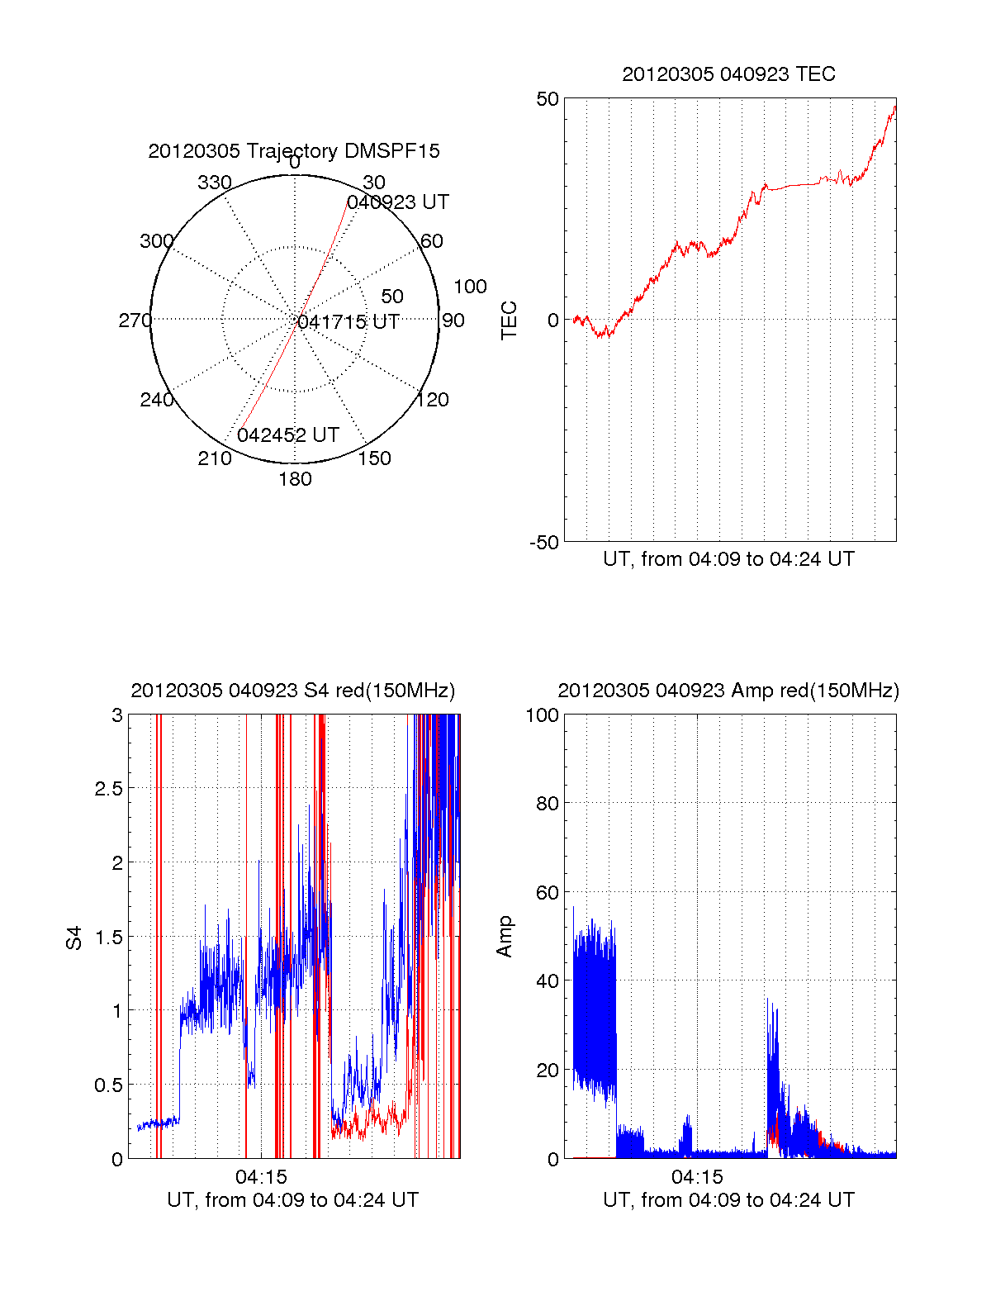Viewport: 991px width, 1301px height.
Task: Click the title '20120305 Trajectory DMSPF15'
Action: click(294, 151)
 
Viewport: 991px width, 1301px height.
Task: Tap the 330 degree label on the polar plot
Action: click(215, 183)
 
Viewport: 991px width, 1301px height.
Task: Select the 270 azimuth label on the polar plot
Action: click(135, 321)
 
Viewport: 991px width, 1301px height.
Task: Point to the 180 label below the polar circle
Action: click(295, 479)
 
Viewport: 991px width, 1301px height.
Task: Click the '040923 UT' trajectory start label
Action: click(398, 202)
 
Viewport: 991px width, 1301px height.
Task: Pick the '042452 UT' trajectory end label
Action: click(288, 435)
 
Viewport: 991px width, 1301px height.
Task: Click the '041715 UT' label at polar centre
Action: click(349, 322)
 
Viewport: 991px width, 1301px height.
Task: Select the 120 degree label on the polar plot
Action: click(433, 401)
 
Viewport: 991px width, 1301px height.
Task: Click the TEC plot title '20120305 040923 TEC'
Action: click(728, 74)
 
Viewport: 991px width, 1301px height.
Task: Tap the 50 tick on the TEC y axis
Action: click(548, 99)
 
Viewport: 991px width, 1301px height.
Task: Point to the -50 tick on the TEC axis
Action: click(544, 543)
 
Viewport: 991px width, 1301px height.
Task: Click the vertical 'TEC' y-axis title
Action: click(510, 321)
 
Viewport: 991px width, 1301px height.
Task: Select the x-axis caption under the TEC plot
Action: click(728, 559)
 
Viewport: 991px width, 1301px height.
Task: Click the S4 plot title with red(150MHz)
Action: click(293, 691)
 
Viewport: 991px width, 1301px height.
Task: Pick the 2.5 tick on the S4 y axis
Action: click(108, 789)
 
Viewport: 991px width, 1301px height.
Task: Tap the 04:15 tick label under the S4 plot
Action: click(261, 1177)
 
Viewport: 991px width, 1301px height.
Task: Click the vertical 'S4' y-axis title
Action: click(75, 938)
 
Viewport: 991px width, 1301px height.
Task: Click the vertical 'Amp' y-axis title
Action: click(505, 936)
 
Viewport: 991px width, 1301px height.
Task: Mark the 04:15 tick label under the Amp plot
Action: click(697, 1177)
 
